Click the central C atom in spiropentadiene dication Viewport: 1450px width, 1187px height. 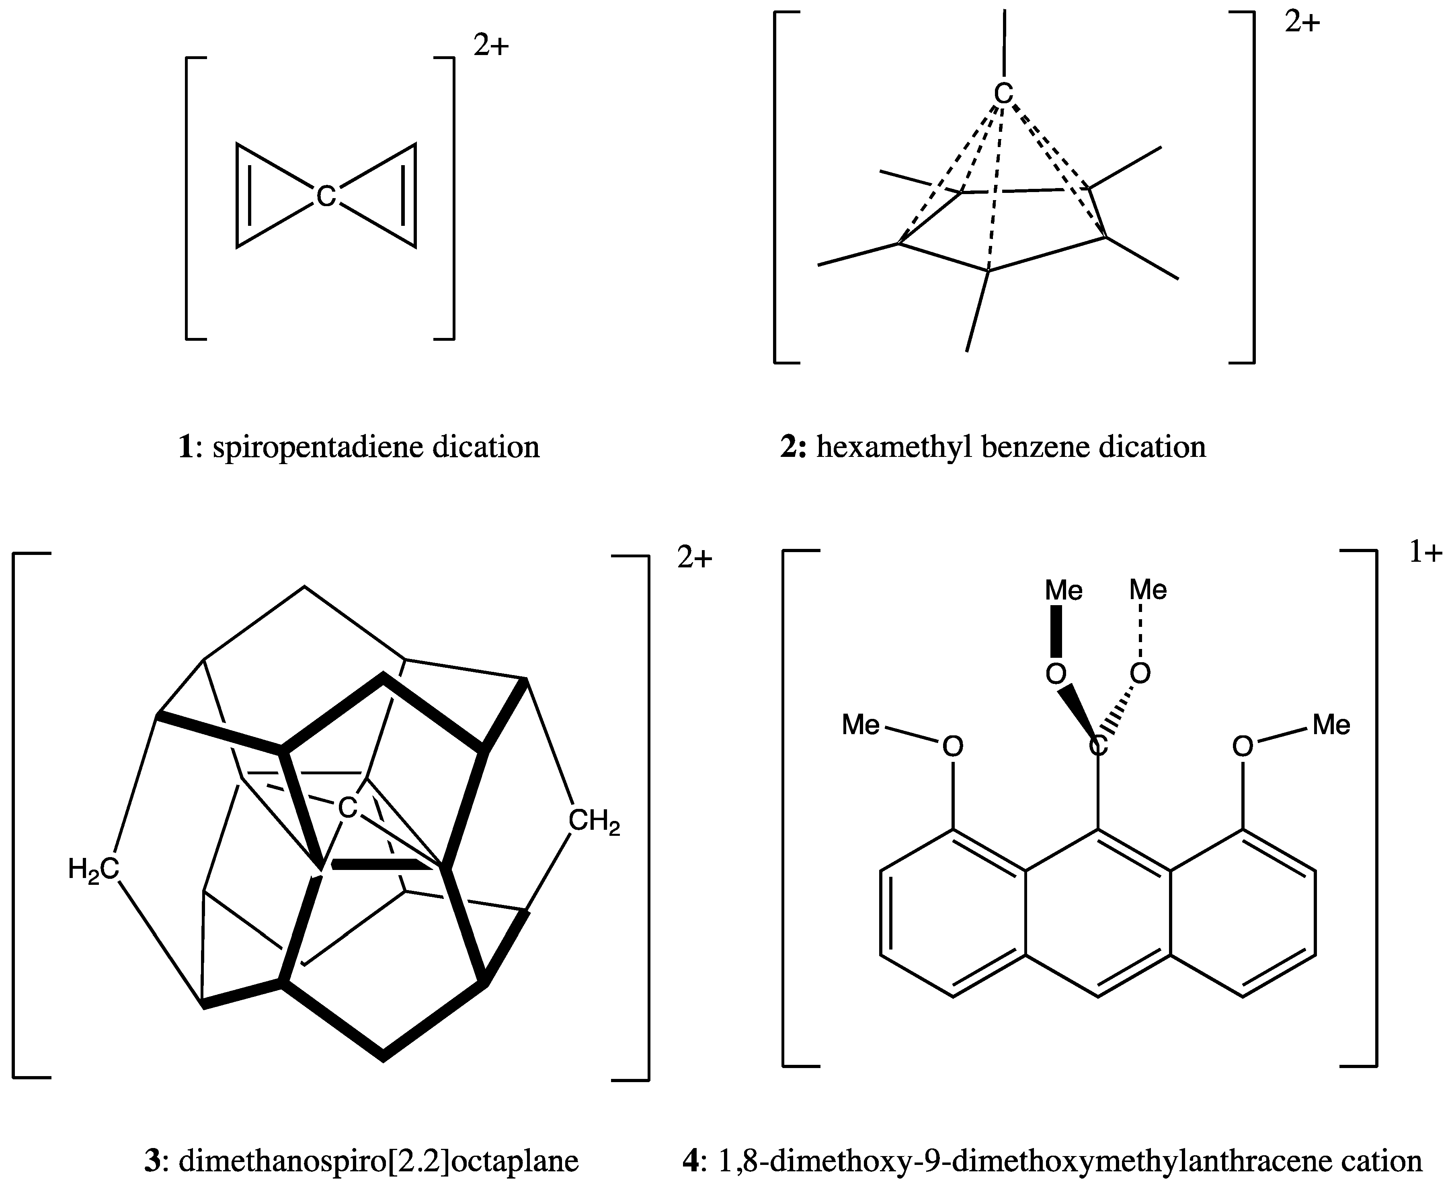(x=326, y=196)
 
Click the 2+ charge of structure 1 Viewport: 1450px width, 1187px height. (x=491, y=46)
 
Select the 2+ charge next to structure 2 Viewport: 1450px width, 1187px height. (x=1302, y=23)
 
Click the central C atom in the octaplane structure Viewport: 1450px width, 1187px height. (x=347, y=808)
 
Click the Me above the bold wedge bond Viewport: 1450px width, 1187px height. (x=1064, y=590)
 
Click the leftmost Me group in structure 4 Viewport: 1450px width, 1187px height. (x=860, y=725)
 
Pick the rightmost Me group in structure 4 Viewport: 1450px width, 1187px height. (x=1331, y=725)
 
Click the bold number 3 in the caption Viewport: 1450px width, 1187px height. (x=152, y=1161)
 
